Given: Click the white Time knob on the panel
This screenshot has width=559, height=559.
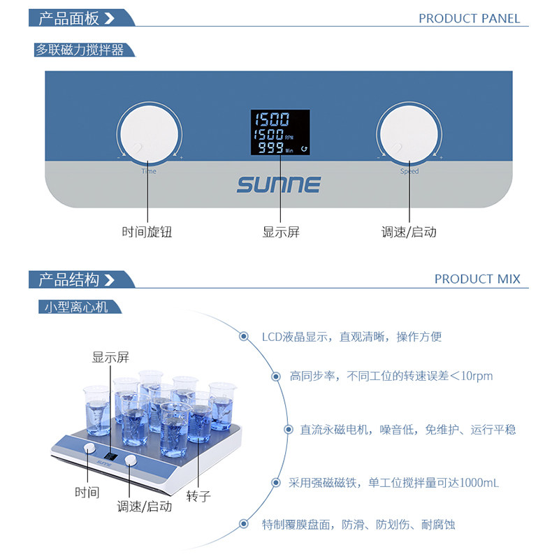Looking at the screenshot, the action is pos(149,134).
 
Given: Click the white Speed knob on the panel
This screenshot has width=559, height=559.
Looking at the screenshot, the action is pos(409,134).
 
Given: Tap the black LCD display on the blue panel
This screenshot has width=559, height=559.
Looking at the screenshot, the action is pos(280,132).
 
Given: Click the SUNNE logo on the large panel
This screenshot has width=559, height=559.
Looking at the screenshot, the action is pos(278,184).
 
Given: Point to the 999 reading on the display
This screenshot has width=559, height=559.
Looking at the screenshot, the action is pos(270,147).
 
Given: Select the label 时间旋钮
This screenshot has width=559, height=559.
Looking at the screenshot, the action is pos(147,232).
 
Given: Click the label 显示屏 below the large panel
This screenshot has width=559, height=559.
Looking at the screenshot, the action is pos(281,232).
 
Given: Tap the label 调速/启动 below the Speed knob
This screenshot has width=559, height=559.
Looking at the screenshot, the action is pos(409,232).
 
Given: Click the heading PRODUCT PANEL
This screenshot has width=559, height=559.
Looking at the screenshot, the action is pos(469,19).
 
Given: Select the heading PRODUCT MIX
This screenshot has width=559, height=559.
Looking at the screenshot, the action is pos(477,279).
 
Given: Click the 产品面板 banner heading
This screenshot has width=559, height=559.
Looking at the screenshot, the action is pos(68,18).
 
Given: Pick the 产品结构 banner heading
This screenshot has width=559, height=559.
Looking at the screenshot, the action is pos(68,279).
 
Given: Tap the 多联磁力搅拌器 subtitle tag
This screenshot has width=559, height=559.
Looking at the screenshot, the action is pos(80,50).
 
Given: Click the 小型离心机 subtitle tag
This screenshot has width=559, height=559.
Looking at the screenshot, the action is pos(76,307).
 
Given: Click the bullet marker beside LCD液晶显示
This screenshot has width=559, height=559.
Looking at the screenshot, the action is pos(244,336).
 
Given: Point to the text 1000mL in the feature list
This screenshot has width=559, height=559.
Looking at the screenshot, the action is pos(479,483).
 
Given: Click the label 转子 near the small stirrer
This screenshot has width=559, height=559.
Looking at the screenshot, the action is pos(198,496).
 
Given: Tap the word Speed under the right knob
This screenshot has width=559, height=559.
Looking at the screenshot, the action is pos(409,171).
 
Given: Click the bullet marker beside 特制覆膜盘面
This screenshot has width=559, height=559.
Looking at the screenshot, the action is pos(244,523).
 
